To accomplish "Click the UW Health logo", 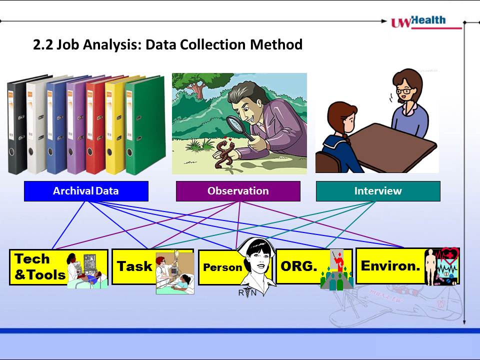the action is tap(426, 22).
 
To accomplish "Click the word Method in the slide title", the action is tap(276, 44).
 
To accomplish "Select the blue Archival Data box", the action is tap(86, 191).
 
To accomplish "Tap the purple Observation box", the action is tap(238, 191).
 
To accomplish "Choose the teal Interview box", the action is tap(378, 191).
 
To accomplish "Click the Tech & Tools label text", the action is tap(40, 267).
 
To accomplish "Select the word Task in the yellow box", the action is tap(134, 266).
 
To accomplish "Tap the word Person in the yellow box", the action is tap(222, 267).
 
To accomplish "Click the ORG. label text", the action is tap(299, 266).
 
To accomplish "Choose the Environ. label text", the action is tap(390, 265).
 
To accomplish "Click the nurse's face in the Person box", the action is tap(257, 259).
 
